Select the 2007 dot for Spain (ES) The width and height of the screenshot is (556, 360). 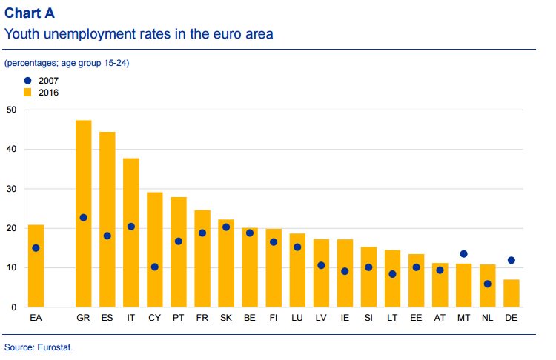click(x=107, y=236)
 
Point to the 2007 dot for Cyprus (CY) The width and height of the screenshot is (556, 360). click(x=154, y=267)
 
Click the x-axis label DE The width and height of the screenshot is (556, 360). click(x=511, y=318)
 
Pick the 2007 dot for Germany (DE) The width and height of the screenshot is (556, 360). click(x=511, y=260)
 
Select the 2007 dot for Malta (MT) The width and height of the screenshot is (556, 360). click(x=463, y=254)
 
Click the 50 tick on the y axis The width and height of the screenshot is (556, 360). click(x=10, y=110)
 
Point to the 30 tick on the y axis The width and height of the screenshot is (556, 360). click(x=10, y=189)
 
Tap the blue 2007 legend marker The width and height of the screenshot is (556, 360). click(x=27, y=80)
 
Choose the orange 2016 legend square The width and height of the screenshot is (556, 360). click(x=27, y=93)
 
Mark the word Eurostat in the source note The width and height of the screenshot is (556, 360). click(x=56, y=347)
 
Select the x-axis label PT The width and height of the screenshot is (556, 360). click(x=178, y=318)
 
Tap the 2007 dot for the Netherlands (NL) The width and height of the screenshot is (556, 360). click(x=487, y=284)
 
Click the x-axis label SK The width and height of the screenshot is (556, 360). click(x=225, y=318)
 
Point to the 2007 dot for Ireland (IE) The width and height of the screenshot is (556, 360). click(x=344, y=271)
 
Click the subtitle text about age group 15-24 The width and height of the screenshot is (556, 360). click(x=67, y=64)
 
